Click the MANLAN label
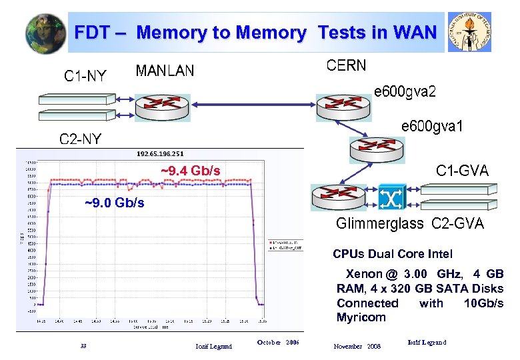(x=165, y=71)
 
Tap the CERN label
(x=346, y=65)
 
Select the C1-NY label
(x=85, y=76)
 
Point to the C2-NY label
(x=80, y=139)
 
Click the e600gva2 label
(x=405, y=91)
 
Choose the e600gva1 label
(x=431, y=126)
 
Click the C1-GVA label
(x=462, y=171)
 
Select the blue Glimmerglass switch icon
(x=387, y=198)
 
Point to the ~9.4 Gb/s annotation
(x=191, y=171)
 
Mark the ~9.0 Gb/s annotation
(x=114, y=203)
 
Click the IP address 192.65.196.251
(x=160, y=154)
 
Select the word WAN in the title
(x=415, y=32)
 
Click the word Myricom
(x=361, y=317)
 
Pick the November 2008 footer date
(x=357, y=346)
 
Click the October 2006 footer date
(x=278, y=342)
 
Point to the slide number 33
(x=83, y=345)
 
